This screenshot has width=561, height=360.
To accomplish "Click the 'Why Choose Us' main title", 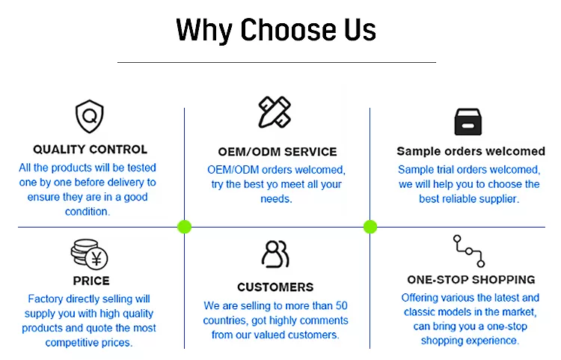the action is pos(276,30).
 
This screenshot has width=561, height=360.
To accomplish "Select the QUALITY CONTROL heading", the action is pos(91,149).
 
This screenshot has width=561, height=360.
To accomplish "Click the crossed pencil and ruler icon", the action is pos(275,112).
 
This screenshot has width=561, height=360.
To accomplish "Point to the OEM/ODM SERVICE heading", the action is pos(278,152).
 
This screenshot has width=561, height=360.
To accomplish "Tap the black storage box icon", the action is pos(468,122).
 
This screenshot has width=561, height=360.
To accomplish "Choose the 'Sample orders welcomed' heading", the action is pos(470,151).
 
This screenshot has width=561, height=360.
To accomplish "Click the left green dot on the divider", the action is pos(184,227).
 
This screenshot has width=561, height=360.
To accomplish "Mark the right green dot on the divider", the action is pos(370,227).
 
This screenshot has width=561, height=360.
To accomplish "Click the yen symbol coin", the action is pos(96,258).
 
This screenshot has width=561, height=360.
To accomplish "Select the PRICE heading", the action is pos(91,281).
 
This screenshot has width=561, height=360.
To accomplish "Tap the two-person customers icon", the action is pos(275,254).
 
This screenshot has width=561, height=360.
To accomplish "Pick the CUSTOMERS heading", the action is pos(275,287).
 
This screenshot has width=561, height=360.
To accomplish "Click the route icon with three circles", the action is pos(469,251).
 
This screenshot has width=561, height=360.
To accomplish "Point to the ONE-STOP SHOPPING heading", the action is pos(470,279).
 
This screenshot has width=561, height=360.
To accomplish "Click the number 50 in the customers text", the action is pos(341,305).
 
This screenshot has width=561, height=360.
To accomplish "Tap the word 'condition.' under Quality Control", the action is pos(88,212).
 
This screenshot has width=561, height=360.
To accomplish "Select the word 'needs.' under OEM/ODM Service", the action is pos(276,198).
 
